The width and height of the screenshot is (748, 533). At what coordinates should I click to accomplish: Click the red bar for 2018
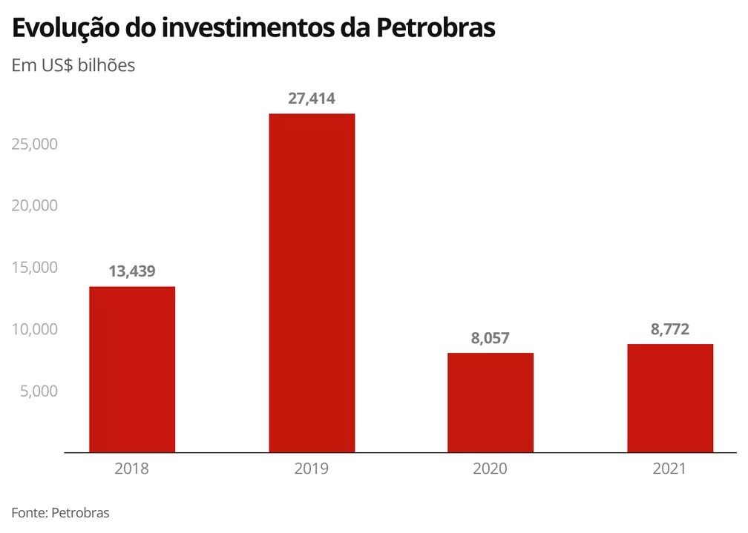(x=132, y=369)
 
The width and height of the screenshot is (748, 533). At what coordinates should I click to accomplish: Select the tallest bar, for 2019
(x=312, y=282)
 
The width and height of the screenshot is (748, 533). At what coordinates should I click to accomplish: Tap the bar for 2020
(x=491, y=403)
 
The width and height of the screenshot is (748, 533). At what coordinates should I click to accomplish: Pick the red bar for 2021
(x=670, y=398)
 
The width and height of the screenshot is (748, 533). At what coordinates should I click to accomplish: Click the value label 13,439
(x=132, y=271)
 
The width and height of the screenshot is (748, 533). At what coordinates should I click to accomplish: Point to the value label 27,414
(x=312, y=99)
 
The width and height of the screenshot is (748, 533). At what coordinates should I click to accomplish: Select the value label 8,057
(x=491, y=338)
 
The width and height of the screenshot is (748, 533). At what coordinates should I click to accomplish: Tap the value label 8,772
(x=670, y=329)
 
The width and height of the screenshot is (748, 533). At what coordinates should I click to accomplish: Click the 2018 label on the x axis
(x=132, y=469)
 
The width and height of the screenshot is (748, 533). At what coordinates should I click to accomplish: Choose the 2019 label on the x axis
(x=312, y=469)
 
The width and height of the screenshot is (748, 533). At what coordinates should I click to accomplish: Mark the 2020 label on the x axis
(x=491, y=469)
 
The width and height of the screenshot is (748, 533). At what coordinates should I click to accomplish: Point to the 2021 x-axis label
(x=670, y=469)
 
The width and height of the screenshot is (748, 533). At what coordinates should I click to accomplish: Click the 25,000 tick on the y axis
(x=35, y=143)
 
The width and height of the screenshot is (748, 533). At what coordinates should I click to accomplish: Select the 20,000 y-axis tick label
(x=35, y=205)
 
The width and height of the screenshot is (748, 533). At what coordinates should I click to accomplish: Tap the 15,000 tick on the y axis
(x=35, y=267)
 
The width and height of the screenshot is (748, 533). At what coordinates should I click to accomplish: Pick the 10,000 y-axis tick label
(x=35, y=328)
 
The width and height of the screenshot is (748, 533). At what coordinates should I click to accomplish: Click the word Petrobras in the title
(x=436, y=27)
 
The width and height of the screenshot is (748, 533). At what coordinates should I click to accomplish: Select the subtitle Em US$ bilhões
(x=73, y=65)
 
